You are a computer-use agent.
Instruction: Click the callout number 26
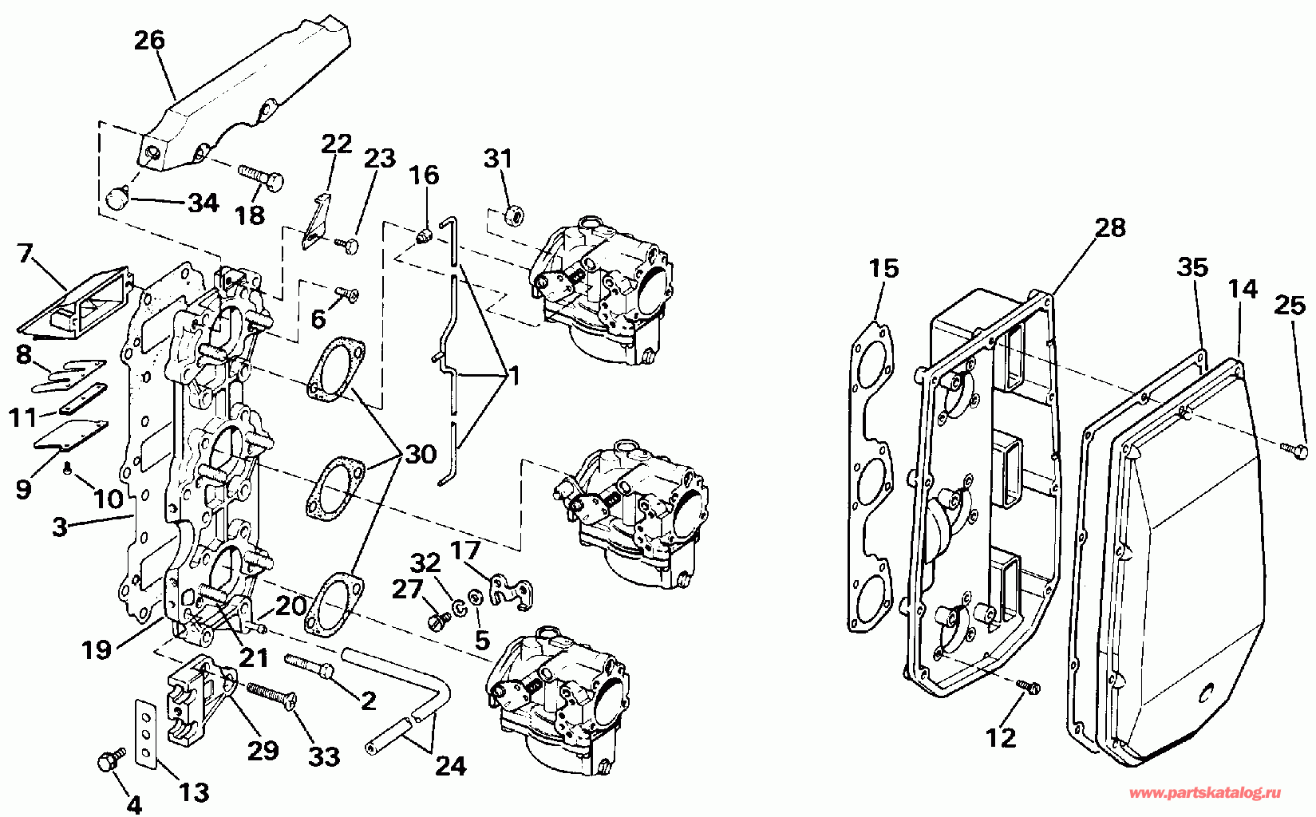click(149, 40)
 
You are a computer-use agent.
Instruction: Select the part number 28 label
click(1110, 227)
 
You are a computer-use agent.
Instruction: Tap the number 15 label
click(883, 268)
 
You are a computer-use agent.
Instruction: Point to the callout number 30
click(421, 454)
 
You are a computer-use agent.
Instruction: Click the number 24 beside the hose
click(450, 765)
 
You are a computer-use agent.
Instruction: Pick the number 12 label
click(1001, 737)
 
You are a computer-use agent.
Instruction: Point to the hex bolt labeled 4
click(109, 760)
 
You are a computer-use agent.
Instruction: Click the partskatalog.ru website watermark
click(1205, 792)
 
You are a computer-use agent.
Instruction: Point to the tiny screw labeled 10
click(69, 468)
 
